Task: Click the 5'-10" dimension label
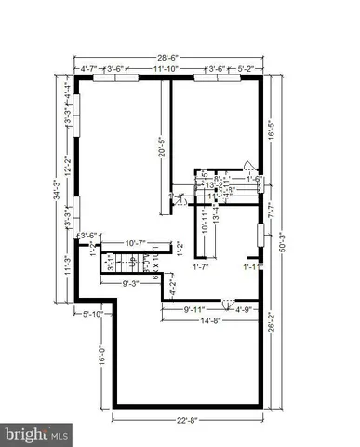(x=97, y=314)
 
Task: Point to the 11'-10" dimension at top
(x=166, y=68)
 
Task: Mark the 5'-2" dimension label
(x=246, y=68)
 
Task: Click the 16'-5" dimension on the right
(x=271, y=131)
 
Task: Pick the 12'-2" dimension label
(x=67, y=165)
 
